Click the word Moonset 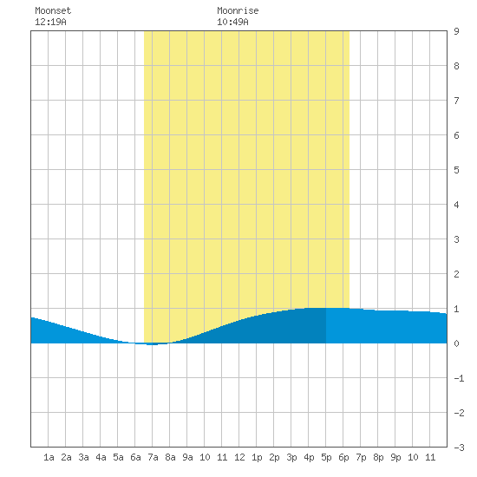coord(53,10)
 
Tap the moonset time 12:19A coord(50,22)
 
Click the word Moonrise coord(238,10)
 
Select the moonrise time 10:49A coord(232,22)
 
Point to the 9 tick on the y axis coord(456,31)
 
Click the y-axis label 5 coord(456,170)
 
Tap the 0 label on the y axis coord(456,343)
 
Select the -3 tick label coord(459,448)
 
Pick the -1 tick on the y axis coord(459,378)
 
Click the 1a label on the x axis coord(49,457)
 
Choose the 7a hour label coord(153,457)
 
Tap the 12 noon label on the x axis coord(239,457)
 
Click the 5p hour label coord(326,457)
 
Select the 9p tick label coord(395,457)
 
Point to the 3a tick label coord(83,457)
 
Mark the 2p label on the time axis coord(274,457)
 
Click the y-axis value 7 coord(456,101)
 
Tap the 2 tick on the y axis coord(456,274)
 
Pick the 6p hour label coord(343,457)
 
